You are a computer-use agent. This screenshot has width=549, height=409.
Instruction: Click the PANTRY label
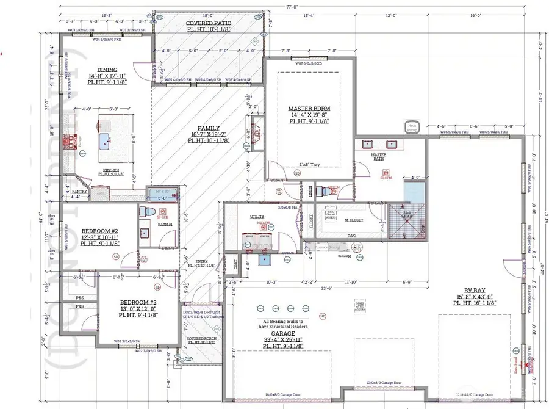click(x=80, y=192)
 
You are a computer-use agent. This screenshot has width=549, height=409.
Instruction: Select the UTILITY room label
click(x=256, y=217)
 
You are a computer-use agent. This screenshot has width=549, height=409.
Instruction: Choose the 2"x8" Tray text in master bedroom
click(x=309, y=165)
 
